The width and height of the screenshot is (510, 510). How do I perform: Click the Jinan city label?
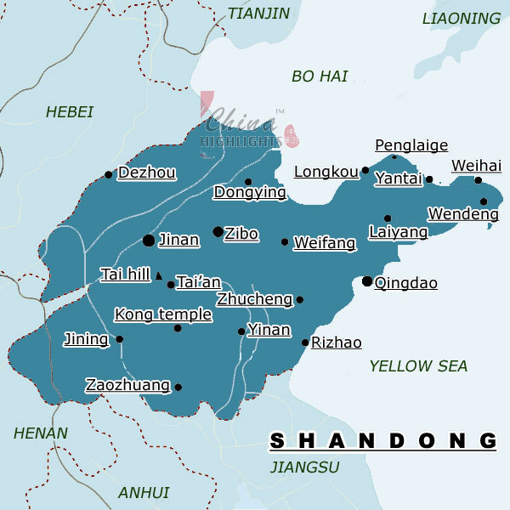[179, 241]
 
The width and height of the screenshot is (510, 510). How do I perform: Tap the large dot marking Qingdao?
[367, 280]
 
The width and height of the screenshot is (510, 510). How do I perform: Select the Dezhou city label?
[147, 173]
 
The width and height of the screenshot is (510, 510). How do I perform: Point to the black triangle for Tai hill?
[158, 275]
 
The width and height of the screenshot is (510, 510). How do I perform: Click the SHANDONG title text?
[382, 440]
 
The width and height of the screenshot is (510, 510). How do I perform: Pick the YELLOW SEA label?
[418, 366]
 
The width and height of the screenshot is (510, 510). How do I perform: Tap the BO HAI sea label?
[320, 76]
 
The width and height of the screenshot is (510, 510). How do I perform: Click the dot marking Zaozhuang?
[178, 388]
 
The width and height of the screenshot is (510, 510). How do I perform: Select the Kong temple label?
[163, 315]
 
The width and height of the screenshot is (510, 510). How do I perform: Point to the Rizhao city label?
[337, 343]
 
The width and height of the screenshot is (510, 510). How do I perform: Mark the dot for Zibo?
[218, 231]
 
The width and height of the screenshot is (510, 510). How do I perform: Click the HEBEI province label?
[70, 112]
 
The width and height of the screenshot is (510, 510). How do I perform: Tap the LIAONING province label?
[462, 19]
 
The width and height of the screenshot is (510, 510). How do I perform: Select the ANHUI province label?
[144, 493]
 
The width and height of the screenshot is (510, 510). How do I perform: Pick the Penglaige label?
[411, 146]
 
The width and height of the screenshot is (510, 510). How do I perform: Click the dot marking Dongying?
[248, 181]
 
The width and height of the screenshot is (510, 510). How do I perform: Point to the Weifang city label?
[324, 244]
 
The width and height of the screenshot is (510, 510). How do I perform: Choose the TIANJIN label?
[258, 14]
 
